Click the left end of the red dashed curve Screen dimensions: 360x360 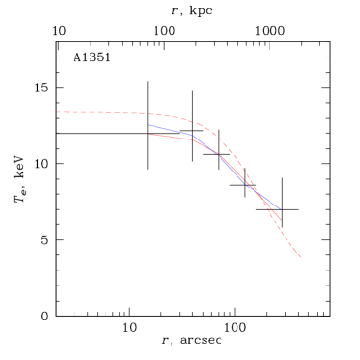[57, 112]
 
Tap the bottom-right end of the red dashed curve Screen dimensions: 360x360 [300, 256]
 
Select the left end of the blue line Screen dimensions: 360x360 [148, 125]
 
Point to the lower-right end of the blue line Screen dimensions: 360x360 [280, 208]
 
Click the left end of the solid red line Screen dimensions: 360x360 [149, 134]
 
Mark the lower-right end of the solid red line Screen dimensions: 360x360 [281, 220]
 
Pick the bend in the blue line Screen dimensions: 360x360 [194, 137]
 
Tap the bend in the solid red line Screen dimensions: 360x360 [194, 139]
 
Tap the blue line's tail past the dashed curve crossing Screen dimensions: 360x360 [271, 203]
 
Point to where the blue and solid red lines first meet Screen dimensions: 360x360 [219, 153]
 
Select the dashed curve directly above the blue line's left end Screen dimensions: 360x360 [148, 114]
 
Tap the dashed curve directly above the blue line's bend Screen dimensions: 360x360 [194, 121]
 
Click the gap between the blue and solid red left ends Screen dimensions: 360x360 [149, 130]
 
